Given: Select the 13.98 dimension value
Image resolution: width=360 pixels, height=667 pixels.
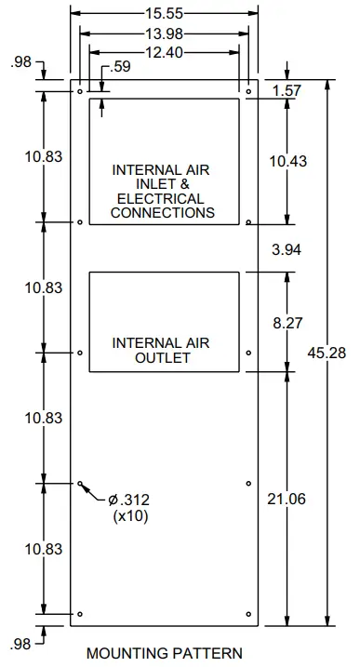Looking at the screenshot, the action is pos(164,34).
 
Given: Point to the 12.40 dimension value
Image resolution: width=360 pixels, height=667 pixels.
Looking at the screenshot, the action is pos(164,53).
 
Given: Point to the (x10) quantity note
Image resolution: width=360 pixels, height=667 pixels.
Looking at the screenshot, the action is pos(129,516).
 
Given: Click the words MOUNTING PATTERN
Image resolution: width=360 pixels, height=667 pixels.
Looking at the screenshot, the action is pos(164,653).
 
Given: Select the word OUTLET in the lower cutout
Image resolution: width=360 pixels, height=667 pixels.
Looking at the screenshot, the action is pos(162,358).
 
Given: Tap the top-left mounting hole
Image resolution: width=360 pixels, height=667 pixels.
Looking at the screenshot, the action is pos(80,92).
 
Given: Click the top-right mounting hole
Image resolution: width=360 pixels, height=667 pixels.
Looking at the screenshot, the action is pos(248,92).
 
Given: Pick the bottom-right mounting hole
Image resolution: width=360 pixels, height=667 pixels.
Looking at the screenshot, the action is pos(248,614).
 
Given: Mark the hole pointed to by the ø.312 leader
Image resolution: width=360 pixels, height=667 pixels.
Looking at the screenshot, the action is pos(80,484).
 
